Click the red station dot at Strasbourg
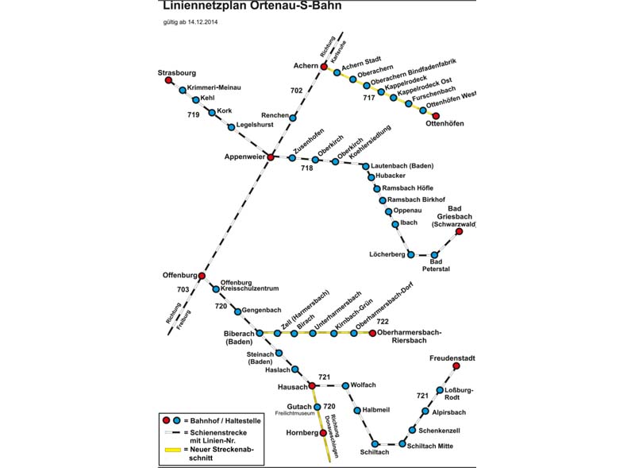[x=168, y=80]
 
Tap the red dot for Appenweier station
[x=271, y=157]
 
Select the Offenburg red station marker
[x=202, y=276]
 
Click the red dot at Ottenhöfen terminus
[x=436, y=116]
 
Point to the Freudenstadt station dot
[x=456, y=366]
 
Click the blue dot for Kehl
[x=196, y=99]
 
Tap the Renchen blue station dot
[x=293, y=118]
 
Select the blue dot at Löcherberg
[x=410, y=254]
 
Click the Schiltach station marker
[x=375, y=444]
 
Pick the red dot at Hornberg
[x=323, y=433]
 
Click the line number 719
[x=193, y=115]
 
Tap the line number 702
[x=296, y=91]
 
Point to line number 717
[x=369, y=98]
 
